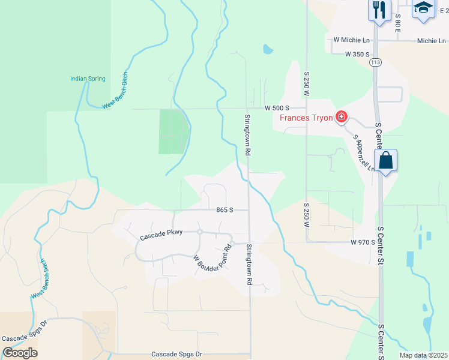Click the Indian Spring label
(x=88, y=79)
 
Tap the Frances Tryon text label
(x=306, y=118)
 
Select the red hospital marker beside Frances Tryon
(x=342, y=116)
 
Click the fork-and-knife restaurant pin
(x=379, y=10)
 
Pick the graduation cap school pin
(x=423, y=8)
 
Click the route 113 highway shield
(x=376, y=62)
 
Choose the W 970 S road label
(x=363, y=242)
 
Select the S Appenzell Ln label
(x=364, y=153)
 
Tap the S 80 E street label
(x=398, y=25)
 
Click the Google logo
(x=20, y=353)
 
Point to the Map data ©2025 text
(x=423, y=355)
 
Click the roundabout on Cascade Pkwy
(x=199, y=232)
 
